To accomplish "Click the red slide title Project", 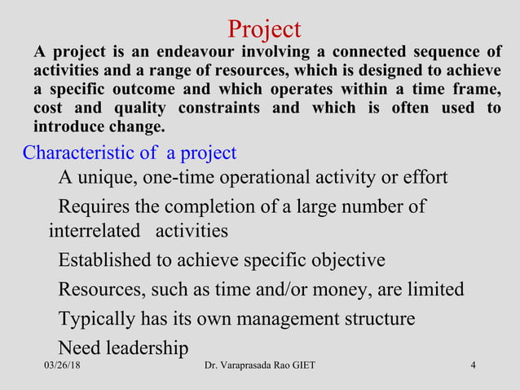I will pos(264,29).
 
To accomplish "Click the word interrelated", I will pos(95,231).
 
